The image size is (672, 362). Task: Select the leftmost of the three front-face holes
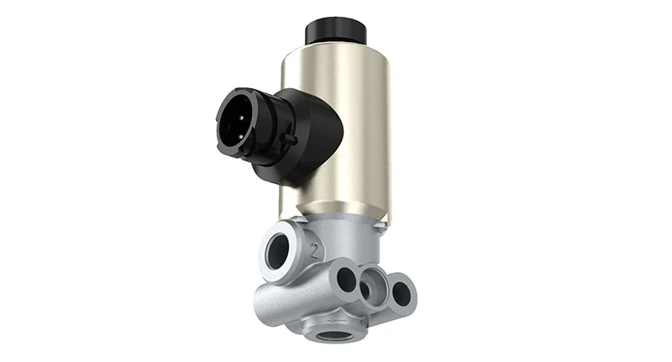[x=344, y=280]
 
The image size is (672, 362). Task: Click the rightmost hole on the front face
[x=402, y=292]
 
